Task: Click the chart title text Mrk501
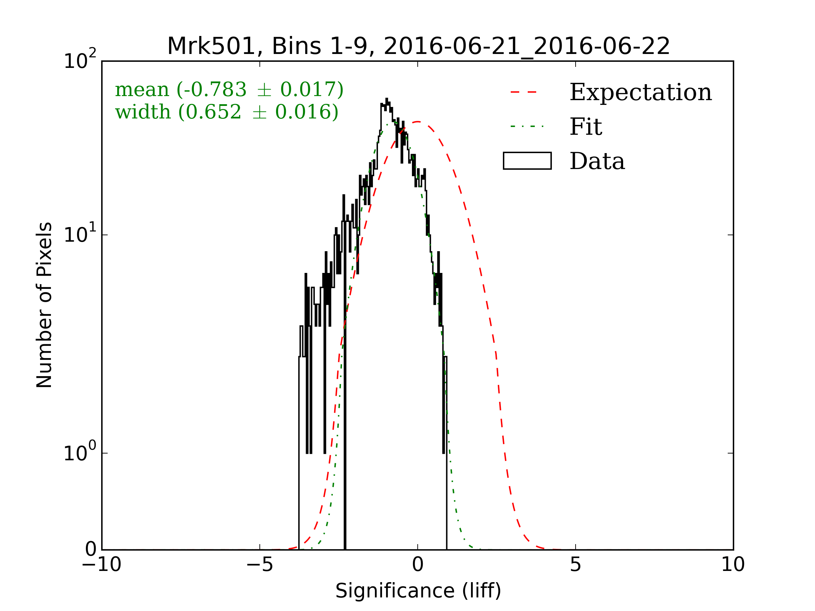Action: point(211,47)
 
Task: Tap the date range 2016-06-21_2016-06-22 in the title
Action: point(526,47)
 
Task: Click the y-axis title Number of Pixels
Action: point(44,305)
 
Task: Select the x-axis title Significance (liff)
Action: point(418,591)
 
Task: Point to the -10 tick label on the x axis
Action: point(102,564)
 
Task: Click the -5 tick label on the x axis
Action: point(259,564)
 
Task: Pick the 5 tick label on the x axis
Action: point(576,564)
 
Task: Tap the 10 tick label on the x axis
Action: point(733,564)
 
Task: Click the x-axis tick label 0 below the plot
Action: point(417,564)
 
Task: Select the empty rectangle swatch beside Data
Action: point(527,161)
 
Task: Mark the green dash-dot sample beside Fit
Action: point(527,127)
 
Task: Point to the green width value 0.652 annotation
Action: point(214,112)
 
